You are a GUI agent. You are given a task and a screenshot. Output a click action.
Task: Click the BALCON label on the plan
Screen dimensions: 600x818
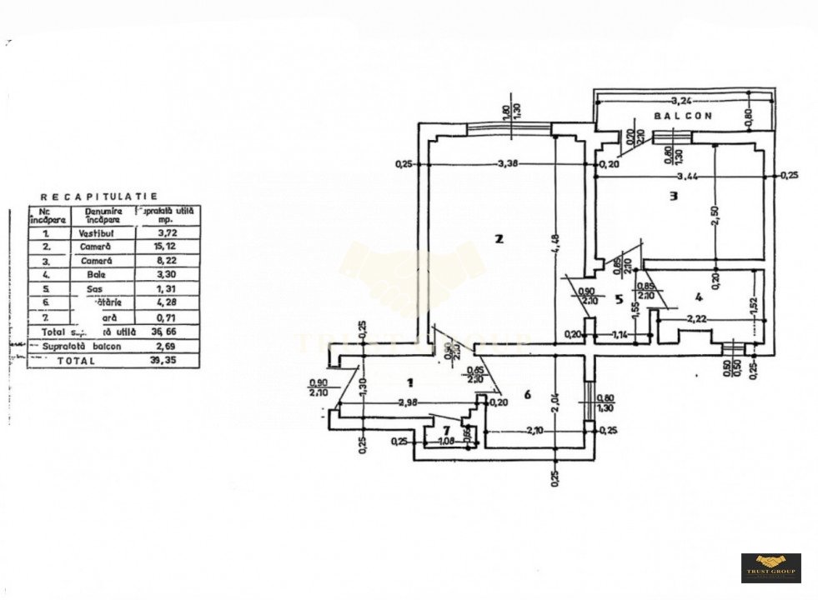click(x=682, y=117)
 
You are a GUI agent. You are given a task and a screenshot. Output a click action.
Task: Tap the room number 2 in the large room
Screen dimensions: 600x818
click(x=499, y=239)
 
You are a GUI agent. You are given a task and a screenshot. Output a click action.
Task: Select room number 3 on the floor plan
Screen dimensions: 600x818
click(x=673, y=197)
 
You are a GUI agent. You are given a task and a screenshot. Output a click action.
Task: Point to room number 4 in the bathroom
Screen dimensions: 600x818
click(x=698, y=296)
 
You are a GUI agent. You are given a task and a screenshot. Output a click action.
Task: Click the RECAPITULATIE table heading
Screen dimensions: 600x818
click(x=99, y=196)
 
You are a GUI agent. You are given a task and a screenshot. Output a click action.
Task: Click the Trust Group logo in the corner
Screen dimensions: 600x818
click(x=770, y=567)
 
